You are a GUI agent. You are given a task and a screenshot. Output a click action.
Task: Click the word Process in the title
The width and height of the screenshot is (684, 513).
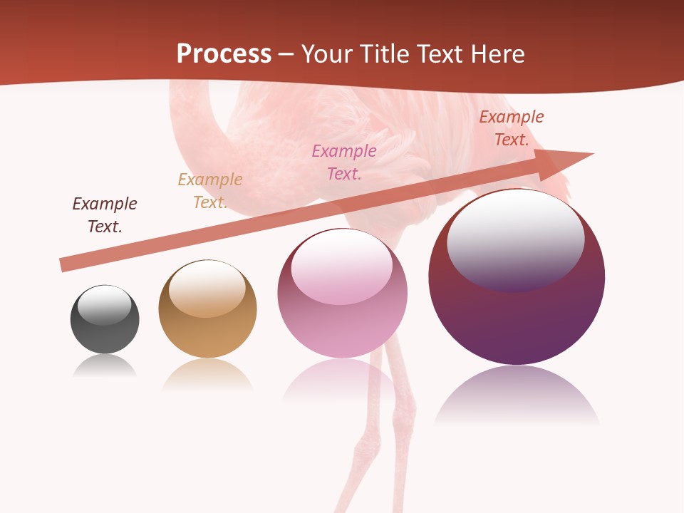224,54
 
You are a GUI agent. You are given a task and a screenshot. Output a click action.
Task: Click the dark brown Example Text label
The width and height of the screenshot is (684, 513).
105,215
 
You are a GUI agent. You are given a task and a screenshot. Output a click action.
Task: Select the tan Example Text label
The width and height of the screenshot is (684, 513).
210,191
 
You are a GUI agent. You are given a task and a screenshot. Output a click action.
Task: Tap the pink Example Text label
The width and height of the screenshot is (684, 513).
344,162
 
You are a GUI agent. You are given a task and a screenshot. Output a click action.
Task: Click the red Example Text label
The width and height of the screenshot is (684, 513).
511,128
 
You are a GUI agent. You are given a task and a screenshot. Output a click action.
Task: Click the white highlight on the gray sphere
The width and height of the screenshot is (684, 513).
104,305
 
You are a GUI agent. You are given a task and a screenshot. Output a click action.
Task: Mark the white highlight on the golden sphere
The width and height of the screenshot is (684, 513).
207,289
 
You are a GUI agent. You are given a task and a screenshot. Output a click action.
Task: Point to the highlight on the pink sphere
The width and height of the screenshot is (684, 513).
341,267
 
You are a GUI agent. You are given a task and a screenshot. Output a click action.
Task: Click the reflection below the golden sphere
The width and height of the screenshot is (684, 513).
207,374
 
